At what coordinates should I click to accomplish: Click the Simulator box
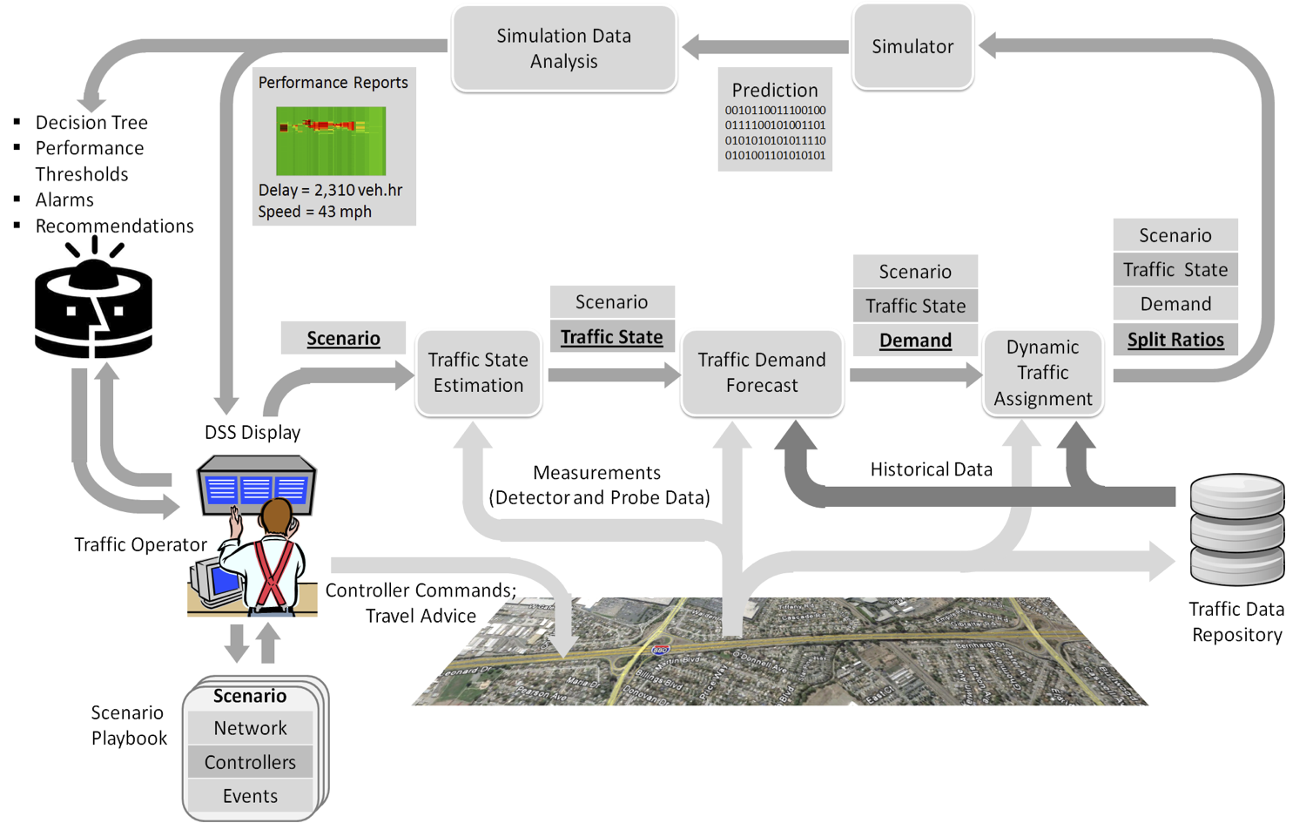(x=912, y=47)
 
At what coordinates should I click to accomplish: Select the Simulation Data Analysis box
(x=564, y=49)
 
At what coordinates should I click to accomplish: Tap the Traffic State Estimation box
(x=478, y=373)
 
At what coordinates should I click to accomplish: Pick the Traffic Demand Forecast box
(x=762, y=373)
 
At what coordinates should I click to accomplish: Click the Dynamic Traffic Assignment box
(x=1043, y=373)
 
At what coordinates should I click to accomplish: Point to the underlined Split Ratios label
(x=1175, y=340)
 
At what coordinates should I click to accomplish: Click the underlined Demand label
(x=915, y=341)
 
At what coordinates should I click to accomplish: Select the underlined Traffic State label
(x=611, y=337)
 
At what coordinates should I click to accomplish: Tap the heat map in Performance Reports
(x=331, y=141)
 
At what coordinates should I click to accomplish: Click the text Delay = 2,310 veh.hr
(x=330, y=190)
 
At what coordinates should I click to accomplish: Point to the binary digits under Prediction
(x=775, y=133)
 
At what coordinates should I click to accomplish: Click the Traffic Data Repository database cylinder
(x=1236, y=529)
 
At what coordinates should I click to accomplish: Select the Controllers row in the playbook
(x=250, y=762)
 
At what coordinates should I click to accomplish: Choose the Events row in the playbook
(x=250, y=796)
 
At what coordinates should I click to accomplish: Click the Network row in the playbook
(x=250, y=728)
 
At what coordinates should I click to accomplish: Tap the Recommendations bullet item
(x=114, y=226)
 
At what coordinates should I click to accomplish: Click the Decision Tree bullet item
(x=91, y=123)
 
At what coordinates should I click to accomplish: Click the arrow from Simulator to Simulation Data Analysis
(x=766, y=47)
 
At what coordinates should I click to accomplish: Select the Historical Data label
(x=931, y=469)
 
